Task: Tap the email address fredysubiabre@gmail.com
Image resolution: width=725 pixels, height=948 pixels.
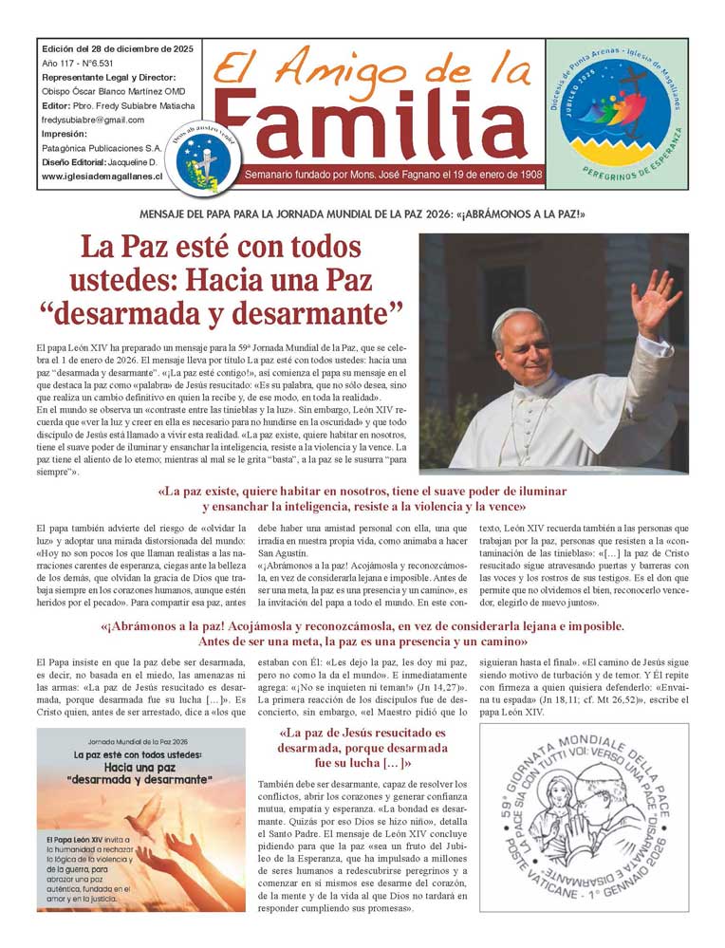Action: pos(93,121)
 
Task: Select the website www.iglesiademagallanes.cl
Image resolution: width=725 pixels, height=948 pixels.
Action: pos(102,177)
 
